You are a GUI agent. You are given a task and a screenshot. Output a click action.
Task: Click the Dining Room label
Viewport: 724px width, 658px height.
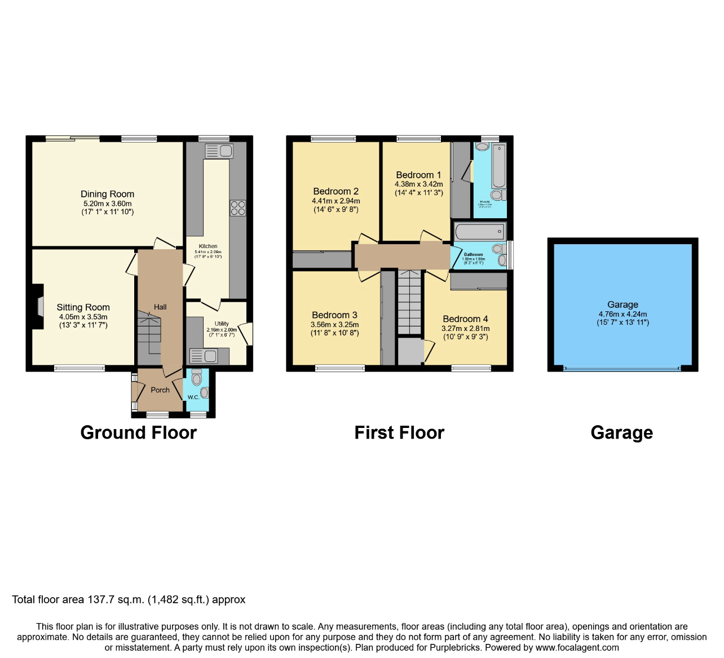(107, 194)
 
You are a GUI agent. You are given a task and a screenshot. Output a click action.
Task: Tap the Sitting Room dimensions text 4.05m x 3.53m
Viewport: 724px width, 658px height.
(83, 317)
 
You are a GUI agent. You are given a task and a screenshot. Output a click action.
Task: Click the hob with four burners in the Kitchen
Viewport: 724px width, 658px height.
(237, 208)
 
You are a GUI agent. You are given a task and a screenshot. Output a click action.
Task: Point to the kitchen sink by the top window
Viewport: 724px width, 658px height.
(219, 151)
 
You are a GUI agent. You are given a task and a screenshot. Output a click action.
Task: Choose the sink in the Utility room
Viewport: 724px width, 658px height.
(204, 356)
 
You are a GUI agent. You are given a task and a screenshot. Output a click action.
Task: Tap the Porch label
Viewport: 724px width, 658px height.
(160, 390)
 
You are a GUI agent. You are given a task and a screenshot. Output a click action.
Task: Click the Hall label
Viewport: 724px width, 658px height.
(160, 307)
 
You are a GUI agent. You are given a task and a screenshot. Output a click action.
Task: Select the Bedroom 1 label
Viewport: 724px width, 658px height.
(418, 175)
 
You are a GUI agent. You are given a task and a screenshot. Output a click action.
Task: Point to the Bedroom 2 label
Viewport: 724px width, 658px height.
(335, 191)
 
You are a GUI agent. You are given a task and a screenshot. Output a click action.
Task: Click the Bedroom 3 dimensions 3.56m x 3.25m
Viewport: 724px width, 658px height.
(334, 325)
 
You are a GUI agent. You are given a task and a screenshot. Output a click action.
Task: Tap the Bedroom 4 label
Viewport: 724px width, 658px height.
(465, 319)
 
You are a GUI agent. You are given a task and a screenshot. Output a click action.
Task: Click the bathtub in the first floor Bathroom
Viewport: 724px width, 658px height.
(479, 232)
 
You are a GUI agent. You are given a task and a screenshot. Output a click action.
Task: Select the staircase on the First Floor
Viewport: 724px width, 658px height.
(409, 302)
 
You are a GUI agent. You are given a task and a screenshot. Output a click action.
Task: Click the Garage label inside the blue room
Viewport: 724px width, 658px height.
(623, 304)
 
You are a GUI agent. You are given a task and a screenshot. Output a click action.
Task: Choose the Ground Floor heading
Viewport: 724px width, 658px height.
(138, 432)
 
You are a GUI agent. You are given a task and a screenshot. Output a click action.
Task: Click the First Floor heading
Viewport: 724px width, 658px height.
(399, 432)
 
